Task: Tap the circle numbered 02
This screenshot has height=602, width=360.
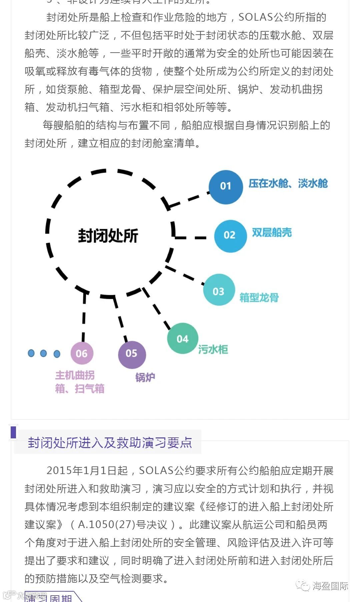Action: [x=230, y=236]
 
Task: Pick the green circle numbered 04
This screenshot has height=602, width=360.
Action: [x=183, y=338]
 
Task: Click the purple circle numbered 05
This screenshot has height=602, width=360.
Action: [x=132, y=354]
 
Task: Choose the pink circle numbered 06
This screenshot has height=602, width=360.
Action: [x=82, y=353]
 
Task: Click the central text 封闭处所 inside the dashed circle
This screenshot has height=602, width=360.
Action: [x=108, y=236]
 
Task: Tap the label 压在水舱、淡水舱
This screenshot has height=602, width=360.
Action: [x=288, y=183]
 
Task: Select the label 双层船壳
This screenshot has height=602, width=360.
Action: [x=272, y=233]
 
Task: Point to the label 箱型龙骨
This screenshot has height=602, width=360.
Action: [x=259, y=297]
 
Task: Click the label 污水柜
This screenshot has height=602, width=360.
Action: [x=213, y=349]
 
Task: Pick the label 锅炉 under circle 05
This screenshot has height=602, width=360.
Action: [x=145, y=377]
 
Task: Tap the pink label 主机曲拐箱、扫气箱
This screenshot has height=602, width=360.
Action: [x=80, y=382]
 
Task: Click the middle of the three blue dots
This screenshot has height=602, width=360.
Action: [x=43, y=353]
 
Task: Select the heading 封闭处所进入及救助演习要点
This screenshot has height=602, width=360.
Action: [x=110, y=443]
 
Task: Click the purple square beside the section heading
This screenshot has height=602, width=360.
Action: [x=13, y=432]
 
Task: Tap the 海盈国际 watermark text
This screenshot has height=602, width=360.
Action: [x=330, y=585]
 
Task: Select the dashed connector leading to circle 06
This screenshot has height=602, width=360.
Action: [x=84, y=316]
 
